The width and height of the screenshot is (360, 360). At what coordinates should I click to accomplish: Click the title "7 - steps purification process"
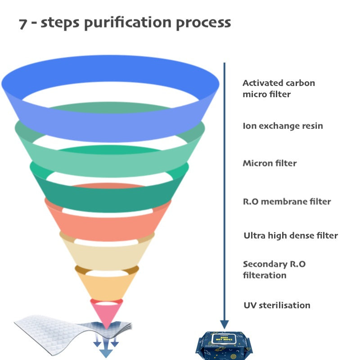pyautogui.click(x=125, y=23)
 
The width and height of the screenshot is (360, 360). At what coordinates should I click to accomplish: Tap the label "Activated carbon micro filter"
pyautogui.click(x=279, y=89)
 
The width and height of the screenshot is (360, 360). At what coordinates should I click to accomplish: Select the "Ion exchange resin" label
pyautogui.click(x=283, y=126)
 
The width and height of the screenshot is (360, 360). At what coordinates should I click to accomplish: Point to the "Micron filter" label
pyautogui.click(x=270, y=163)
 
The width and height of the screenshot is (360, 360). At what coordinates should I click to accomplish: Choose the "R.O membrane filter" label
pyautogui.click(x=287, y=202)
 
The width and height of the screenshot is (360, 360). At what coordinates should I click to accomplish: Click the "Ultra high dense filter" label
pyautogui.click(x=290, y=235)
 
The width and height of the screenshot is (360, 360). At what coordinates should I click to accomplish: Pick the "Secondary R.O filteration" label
pyautogui.click(x=274, y=270)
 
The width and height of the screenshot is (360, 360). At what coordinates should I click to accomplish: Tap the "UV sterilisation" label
pyautogui.click(x=277, y=305)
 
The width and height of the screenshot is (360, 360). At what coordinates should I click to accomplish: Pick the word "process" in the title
pyautogui.click(x=203, y=23)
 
